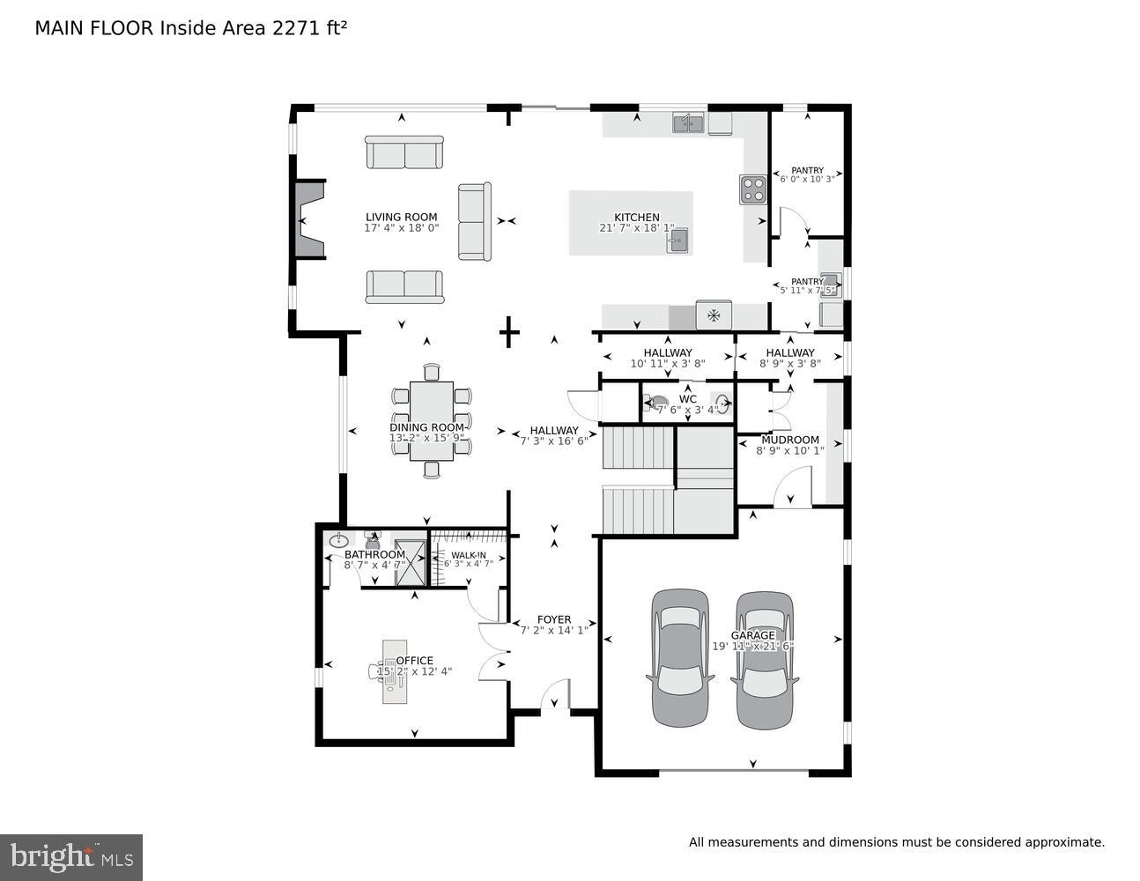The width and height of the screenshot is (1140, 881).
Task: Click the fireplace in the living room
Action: pyautogui.click(x=309, y=219)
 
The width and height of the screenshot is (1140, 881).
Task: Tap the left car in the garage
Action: pyautogui.click(x=679, y=656)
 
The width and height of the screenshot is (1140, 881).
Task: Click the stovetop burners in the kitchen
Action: pyautogui.click(x=753, y=189)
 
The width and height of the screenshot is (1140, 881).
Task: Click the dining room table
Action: pyautogui.click(x=432, y=421)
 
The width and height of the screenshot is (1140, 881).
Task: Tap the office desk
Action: pyautogui.click(x=393, y=670)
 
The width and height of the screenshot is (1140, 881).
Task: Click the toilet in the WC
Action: pyautogui.click(x=657, y=403)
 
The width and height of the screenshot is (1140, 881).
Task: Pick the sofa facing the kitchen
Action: pyautogui.click(x=474, y=221)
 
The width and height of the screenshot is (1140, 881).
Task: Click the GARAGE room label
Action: pyautogui.click(x=753, y=635)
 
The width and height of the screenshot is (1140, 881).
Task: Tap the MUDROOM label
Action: pyautogui.click(x=790, y=440)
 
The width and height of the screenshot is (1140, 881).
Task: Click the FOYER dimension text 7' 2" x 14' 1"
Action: pyautogui.click(x=554, y=631)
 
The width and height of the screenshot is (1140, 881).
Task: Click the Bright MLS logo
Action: pyautogui.click(x=71, y=856)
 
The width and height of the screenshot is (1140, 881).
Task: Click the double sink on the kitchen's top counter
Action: pyautogui.click(x=688, y=123)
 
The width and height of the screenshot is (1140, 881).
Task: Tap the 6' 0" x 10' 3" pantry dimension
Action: pyautogui.click(x=807, y=180)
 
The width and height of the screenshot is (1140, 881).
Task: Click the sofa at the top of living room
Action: pyautogui.click(x=404, y=152)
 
